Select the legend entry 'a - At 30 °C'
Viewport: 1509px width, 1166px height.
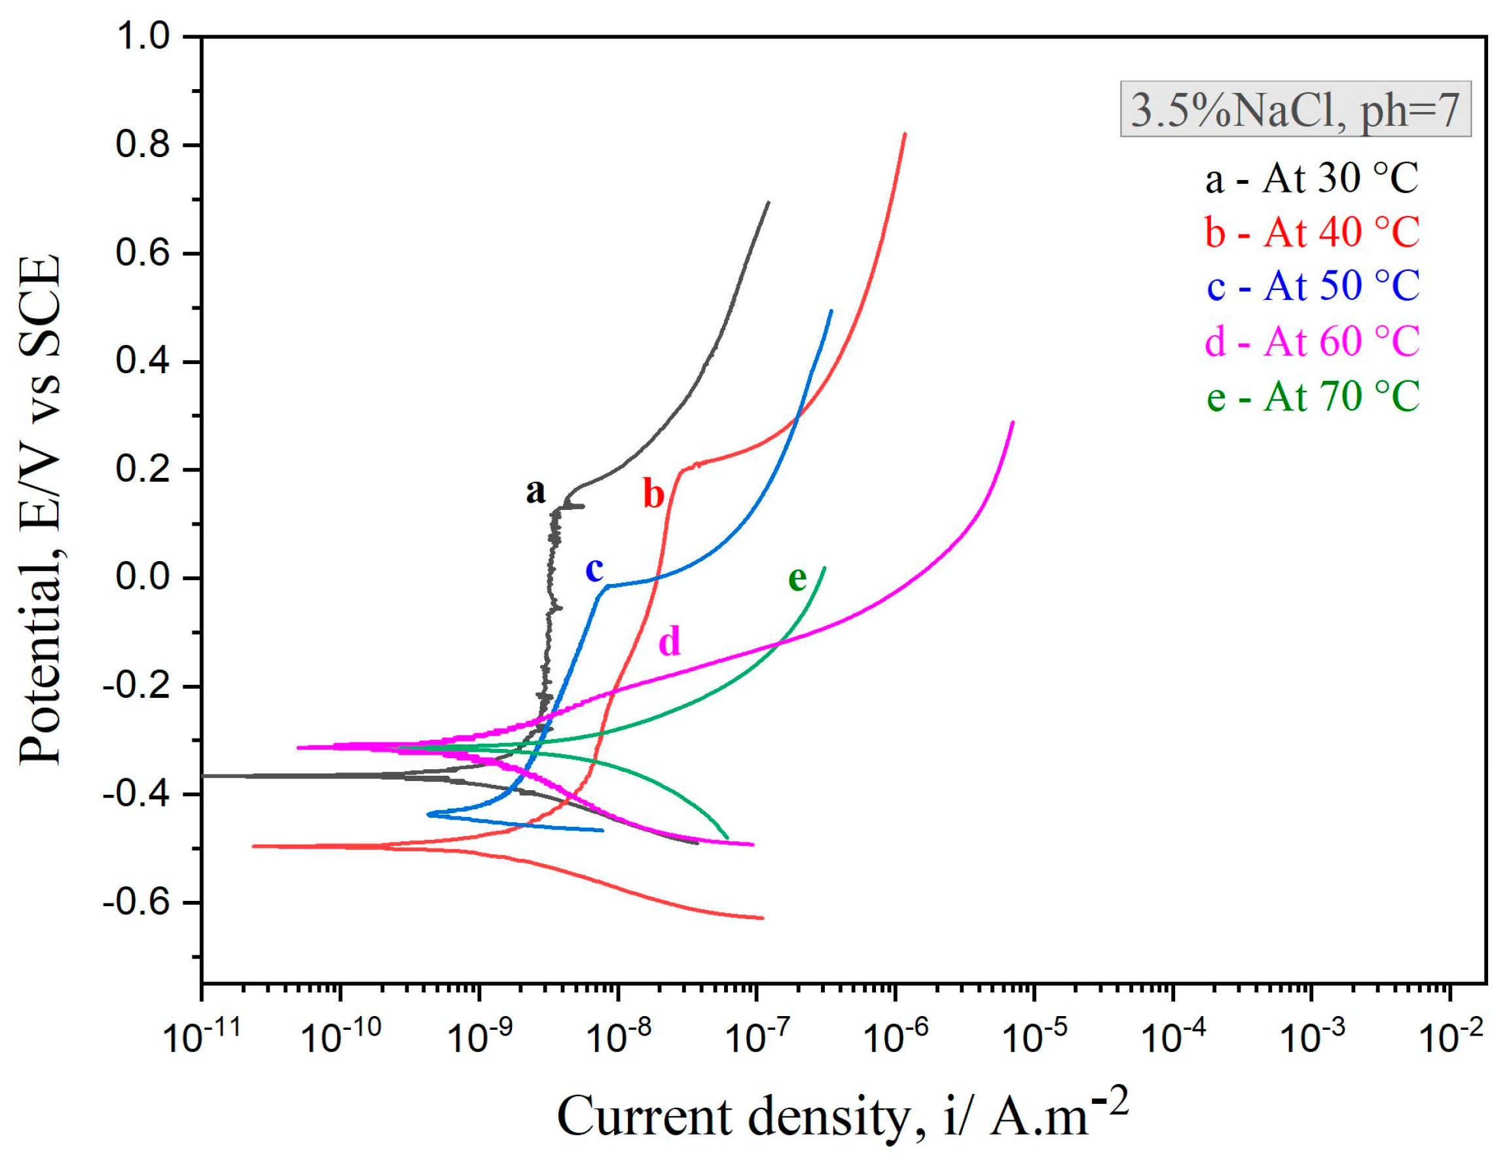click(1311, 179)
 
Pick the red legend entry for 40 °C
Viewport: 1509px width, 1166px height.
click(1311, 232)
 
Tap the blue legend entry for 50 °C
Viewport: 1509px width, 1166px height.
click(1311, 285)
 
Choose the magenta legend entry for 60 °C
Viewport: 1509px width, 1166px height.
click(1311, 340)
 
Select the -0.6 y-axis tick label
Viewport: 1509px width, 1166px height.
click(136, 903)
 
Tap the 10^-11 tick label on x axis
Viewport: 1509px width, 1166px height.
click(202, 1036)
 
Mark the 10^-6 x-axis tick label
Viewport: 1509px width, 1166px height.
click(896, 1036)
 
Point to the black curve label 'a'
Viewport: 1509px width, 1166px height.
click(536, 492)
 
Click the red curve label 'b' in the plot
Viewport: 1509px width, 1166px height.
click(653, 494)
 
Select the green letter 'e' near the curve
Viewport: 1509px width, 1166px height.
click(797, 579)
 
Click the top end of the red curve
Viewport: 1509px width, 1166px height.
click(905, 134)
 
